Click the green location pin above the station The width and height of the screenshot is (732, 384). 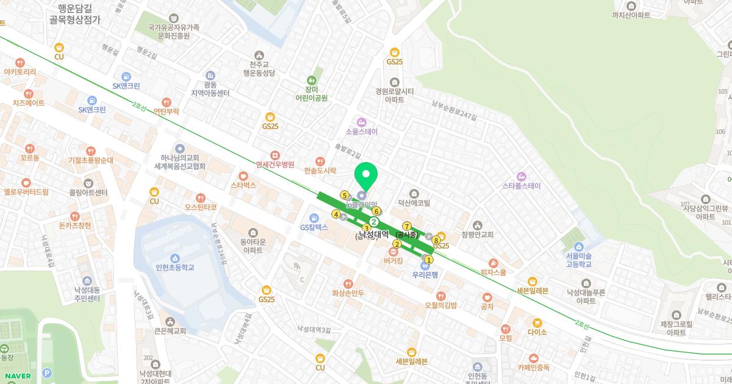(x=366, y=177)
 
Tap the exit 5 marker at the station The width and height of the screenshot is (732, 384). (x=345, y=195)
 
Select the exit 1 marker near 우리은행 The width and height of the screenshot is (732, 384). (x=428, y=259)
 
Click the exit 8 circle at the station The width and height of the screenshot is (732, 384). (x=436, y=240)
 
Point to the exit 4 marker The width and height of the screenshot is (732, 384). (x=335, y=214)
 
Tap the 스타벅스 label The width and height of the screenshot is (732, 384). (x=243, y=185)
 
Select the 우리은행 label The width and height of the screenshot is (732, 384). (x=425, y=275)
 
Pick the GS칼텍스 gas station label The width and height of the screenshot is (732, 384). (x=314, y=227)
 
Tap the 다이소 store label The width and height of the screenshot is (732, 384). (x=537, y=333)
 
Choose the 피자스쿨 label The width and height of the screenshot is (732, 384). (x=493, y=273)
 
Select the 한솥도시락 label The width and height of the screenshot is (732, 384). (x=321, y=171)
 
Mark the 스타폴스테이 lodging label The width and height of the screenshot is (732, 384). (x=521, y=185)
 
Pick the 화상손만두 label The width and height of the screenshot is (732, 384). (x=348, y=293)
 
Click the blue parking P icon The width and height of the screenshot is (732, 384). (x=46, y=374)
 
